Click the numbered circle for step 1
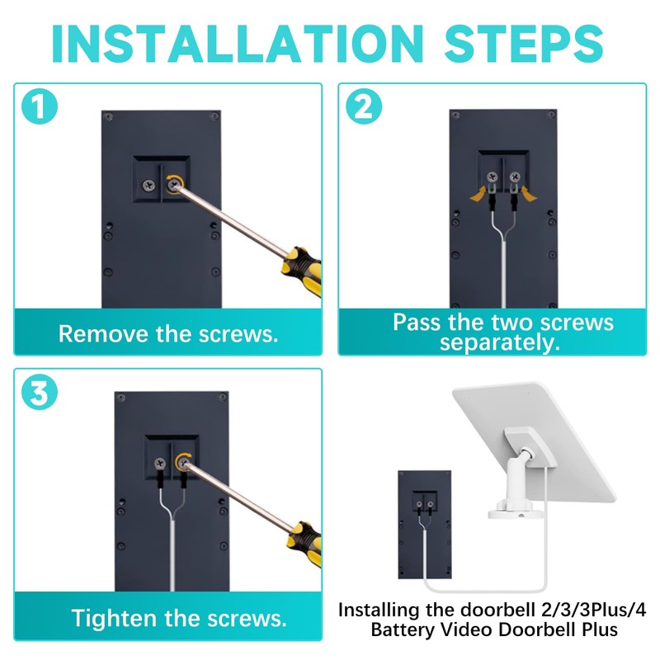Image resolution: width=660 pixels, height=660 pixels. pos(40,106)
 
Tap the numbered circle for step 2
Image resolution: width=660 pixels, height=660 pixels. pos(364,106)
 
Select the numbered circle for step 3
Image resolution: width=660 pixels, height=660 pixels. pos(40,392)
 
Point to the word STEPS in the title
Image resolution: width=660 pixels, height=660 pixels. pos(524,44)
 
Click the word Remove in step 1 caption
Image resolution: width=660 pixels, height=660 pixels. pos(104,334)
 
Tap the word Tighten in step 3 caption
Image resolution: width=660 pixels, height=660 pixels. pos(114,619)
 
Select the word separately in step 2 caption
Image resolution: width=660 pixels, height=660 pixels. pos(500,343)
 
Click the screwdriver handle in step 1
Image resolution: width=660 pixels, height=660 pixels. pos(302,271)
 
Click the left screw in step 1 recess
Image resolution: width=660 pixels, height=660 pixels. pos(148,185)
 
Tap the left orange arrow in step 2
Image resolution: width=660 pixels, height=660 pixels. pos(478,195)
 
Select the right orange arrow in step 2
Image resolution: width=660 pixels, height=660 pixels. pos(529,194)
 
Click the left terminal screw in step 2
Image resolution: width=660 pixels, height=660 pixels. pos(492,177)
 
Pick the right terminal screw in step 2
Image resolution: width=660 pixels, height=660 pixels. pos(514,177)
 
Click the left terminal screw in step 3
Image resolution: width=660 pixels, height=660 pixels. pos(160,464)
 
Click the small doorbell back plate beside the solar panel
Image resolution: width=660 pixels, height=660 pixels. pos(425,525)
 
